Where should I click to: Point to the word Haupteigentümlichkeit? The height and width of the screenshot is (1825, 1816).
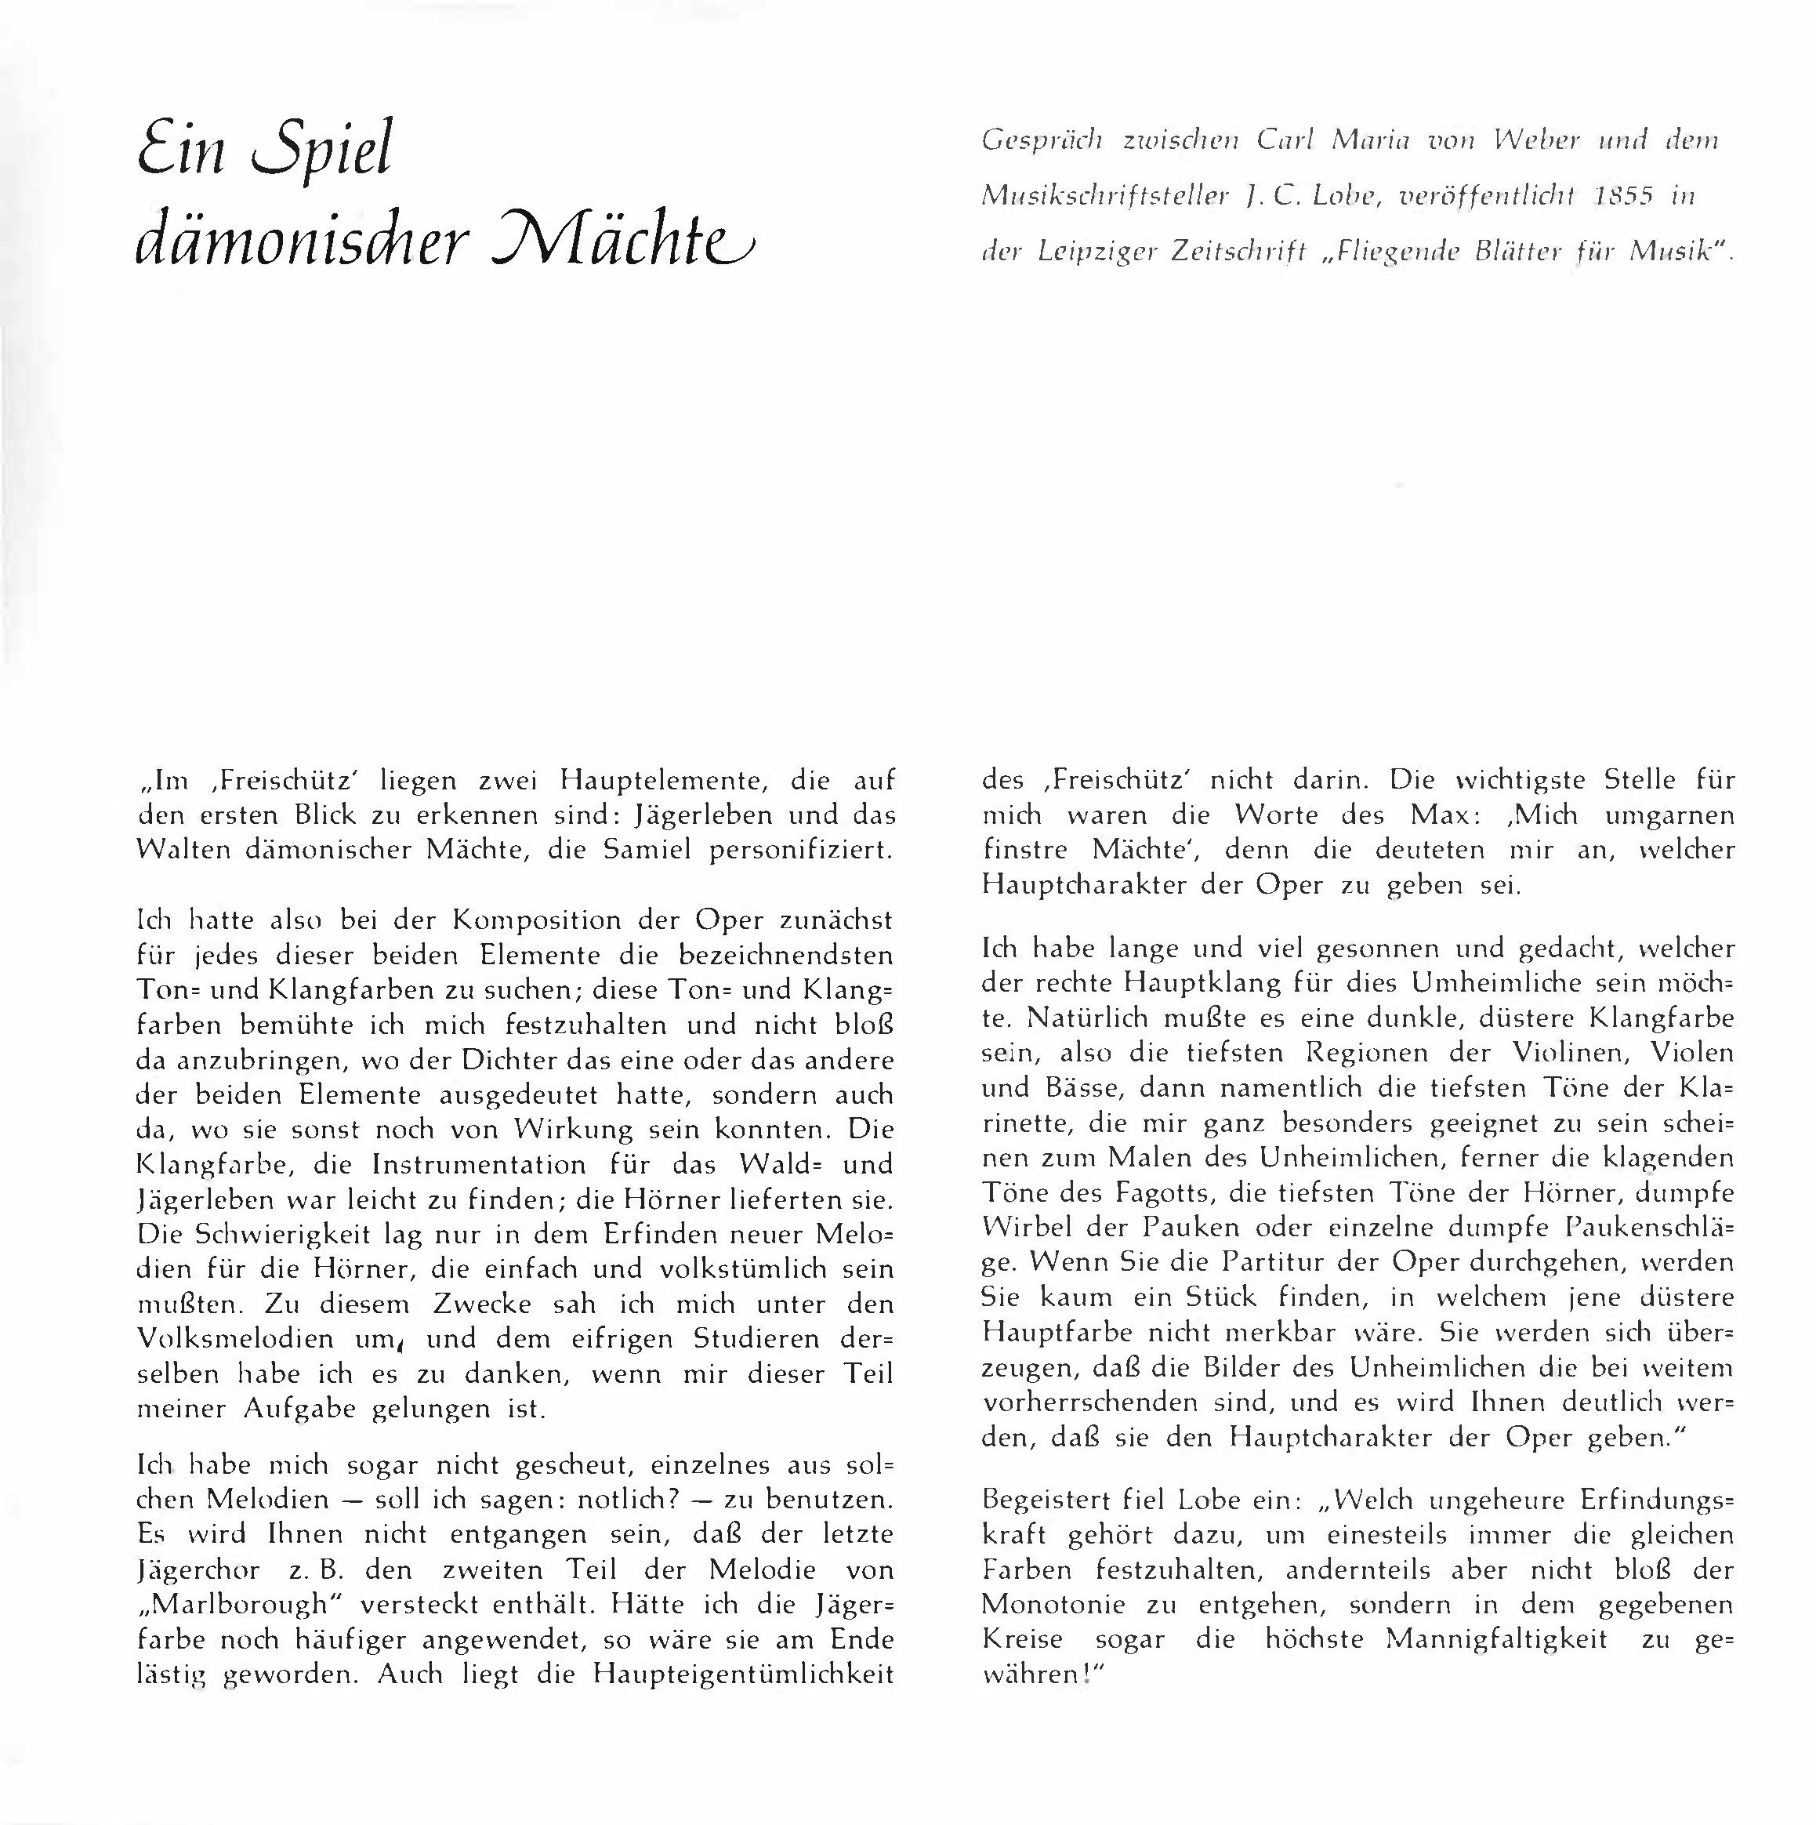[743, 1674]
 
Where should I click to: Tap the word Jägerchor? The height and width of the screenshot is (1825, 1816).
[198, 1570]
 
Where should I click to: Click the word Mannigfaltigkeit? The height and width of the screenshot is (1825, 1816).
[1496, 1638]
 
